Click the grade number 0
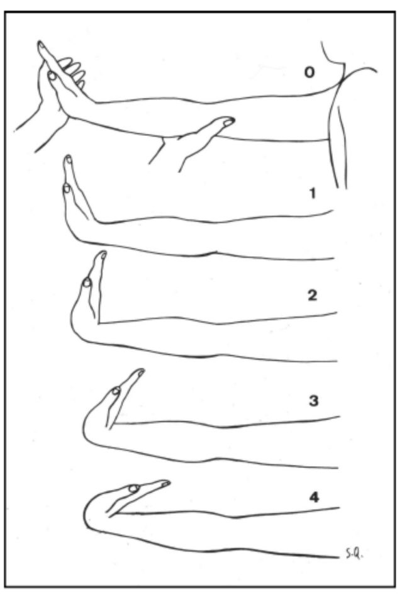coord(309,72)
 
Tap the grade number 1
coord(312,193)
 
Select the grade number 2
coord(312,296)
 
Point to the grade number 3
coord(314,401)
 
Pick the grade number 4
coord(314,497)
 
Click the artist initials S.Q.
coord(354,555)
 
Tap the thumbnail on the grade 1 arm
coord(67,188)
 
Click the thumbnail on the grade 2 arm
coord(87,282)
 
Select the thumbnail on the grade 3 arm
coord(116,391)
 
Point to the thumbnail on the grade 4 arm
coord(134,488)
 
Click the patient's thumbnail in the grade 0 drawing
coord(52,75)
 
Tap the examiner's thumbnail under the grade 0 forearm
coord(229,122)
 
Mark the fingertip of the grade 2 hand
coord(103,254)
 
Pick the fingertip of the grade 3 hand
coord(141,371)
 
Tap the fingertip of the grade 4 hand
coord(166,483)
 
